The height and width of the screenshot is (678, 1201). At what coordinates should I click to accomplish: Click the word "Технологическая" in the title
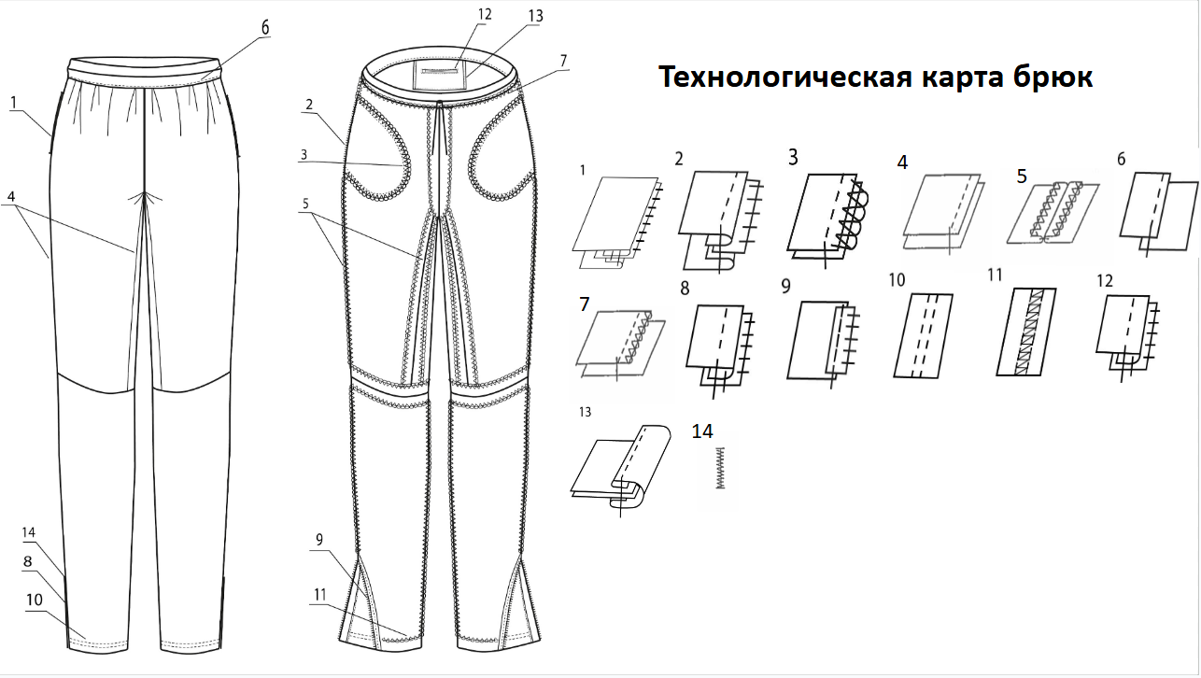click(x=779, y=78)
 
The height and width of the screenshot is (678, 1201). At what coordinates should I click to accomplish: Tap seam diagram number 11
click(x=1034, y=332)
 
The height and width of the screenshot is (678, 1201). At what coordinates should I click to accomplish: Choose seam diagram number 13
click(x=621, y=467)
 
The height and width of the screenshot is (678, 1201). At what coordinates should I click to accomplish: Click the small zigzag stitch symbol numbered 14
click(x=719, y=467)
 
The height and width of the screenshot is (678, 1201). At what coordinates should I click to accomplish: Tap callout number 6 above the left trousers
click(x=265, y=27)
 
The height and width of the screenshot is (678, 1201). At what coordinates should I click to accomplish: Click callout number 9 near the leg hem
click(x=319, y=539)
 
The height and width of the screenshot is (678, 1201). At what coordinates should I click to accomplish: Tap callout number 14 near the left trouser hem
click(x=29, y=532)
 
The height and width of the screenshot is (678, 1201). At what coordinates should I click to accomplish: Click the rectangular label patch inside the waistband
click(x=439, y=75)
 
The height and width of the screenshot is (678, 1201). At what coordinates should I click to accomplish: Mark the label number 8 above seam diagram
click(x=685, y=290)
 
